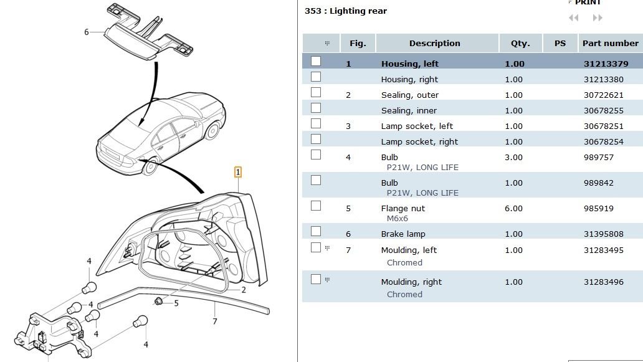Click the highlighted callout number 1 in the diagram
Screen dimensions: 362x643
coord(237,172)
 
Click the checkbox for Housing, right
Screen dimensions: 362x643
coord(316,77)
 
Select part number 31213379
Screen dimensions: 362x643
coord(605,64)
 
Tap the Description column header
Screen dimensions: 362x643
coord(434,44)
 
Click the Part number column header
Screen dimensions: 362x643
coord(610,44)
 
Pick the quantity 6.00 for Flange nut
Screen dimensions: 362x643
coord(513,209)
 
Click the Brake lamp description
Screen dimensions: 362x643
coord(402,234)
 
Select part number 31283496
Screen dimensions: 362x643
coord(603,282)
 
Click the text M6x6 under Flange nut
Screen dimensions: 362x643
coord(397,219)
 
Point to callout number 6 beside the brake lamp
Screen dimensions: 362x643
coord(87,32)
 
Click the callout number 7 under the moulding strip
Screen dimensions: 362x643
coord(215,322)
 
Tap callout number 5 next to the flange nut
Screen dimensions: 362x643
coord(176,303)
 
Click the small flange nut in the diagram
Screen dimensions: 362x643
coord(159,302)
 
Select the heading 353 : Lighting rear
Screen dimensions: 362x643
coord(345,11)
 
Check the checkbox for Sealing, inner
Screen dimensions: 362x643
coord(316,108)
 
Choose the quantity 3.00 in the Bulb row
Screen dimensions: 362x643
coord(513,158)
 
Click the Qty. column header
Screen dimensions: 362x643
coord(520,44)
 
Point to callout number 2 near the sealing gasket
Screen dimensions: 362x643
coord(243,290)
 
